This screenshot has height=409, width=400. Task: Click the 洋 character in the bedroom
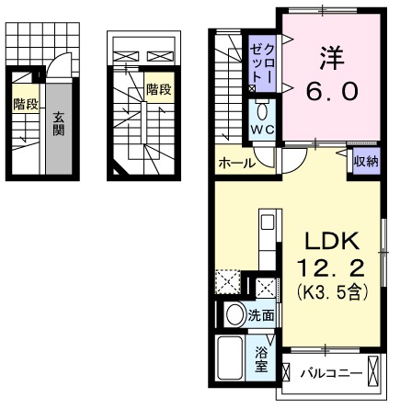click(333, 57)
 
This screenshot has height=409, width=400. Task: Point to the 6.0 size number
click(333, 92)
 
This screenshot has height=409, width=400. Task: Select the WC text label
click(261, 131)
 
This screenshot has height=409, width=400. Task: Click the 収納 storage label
click(365, 161)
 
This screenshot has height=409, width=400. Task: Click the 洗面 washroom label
click(261, 315)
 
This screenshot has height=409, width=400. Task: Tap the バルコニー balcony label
click(330, 374)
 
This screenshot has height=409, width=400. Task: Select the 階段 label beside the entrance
click(25, 104)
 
